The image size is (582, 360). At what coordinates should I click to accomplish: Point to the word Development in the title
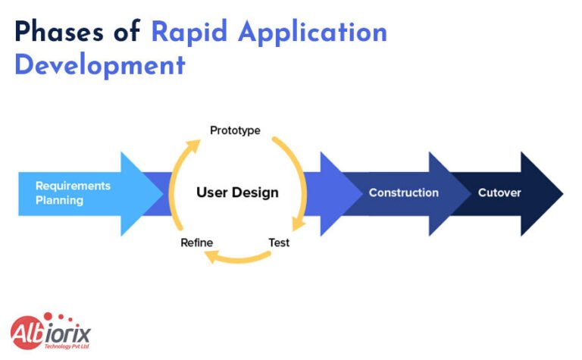(x=99, y=64)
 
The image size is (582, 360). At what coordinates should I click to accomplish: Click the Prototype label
(x=235, y=130)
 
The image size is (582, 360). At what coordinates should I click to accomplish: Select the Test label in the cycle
(x=279, y=243)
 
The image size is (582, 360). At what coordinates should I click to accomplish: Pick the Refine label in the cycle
(x=196, y=243)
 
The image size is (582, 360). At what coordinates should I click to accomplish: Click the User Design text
(x=237, y=193)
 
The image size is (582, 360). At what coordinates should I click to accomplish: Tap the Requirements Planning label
(x=73, y=193)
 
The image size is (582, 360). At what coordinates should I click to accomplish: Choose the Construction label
(x=403, y=193)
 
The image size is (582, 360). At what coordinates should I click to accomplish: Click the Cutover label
(x=499, y=193)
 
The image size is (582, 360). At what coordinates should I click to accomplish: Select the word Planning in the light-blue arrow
(x=59, y=201)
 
